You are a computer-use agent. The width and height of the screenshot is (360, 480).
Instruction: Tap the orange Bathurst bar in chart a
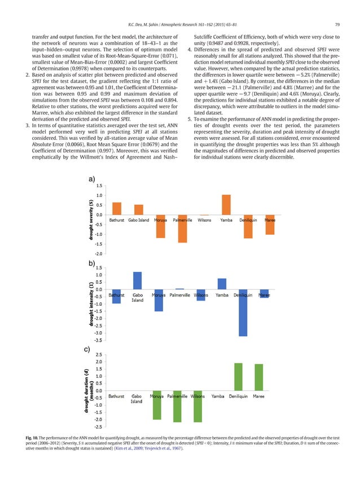117,208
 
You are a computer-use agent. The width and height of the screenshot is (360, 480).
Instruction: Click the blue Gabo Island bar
137,280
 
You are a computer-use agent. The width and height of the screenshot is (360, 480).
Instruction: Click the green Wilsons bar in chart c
197,406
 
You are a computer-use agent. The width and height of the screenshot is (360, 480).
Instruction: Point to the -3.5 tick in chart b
98,340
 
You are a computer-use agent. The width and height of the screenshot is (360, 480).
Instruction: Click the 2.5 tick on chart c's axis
98,355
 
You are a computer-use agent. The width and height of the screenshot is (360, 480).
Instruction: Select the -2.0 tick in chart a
98,254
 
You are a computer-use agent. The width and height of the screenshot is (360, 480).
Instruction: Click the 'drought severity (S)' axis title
90,219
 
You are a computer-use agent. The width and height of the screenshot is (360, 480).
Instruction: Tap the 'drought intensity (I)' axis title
90,304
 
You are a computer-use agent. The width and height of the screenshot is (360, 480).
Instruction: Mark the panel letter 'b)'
91,263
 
